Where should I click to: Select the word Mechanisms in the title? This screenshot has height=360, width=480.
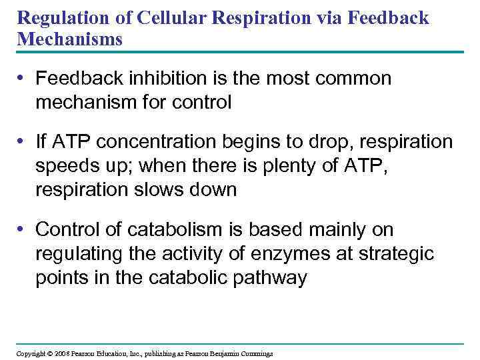coord(70,39)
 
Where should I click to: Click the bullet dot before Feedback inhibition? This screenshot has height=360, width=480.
coord(23,79)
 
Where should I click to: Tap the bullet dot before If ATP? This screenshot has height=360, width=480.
coord(23,142)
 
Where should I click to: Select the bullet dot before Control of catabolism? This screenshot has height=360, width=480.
coord(23,230)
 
